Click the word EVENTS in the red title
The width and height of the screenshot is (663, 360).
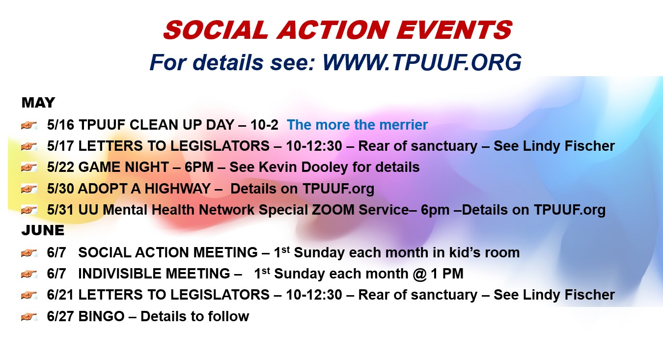(x=455, y=30)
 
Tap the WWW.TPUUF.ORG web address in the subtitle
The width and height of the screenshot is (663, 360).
(x=422, y=63)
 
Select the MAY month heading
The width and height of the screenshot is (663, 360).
(x=38, y=103)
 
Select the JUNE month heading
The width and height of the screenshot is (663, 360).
(x=43, y=230)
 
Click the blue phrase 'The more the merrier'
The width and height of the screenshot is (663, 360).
(x=357, y=125)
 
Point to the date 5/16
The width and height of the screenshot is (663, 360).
(x=60, y=125)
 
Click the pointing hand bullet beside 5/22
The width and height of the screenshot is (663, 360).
(x=29, y=167)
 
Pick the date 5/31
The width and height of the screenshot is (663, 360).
(x=60, y=210)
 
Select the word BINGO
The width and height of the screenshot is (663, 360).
(x=102, y=316)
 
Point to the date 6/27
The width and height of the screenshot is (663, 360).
(x=60, y=316)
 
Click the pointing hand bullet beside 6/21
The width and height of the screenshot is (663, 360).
(x=29, y=295)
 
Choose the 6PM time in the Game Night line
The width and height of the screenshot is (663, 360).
(x=199, y=167)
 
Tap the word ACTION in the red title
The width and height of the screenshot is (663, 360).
(x=332, y=30)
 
